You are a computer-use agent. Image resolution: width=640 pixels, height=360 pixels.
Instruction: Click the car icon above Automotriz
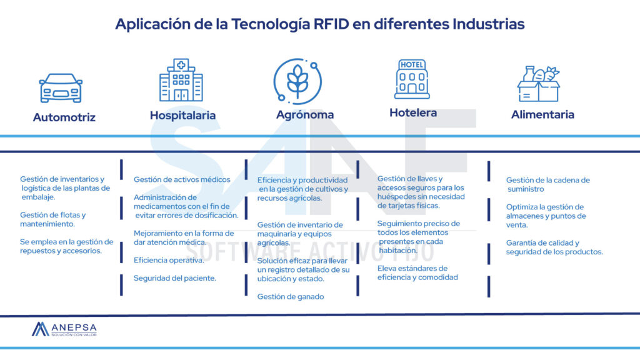61,88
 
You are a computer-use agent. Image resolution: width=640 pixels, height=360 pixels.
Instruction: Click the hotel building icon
412,79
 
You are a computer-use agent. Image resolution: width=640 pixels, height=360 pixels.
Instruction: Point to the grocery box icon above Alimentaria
538,84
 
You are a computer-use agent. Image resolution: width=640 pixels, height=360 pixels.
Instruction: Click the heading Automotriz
64,117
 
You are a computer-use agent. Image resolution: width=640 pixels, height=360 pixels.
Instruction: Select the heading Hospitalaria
182,115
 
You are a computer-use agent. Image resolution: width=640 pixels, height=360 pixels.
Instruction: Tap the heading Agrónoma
305,115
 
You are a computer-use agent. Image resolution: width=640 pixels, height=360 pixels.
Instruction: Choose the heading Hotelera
413,113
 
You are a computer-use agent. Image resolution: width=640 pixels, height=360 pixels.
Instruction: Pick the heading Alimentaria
542,114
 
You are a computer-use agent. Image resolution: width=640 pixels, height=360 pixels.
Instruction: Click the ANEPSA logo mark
41,329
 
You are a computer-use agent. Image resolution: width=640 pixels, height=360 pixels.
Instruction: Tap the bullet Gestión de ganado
291,297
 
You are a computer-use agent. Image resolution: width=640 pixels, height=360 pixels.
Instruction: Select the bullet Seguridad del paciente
175,278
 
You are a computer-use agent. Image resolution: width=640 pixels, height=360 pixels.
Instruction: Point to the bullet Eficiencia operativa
169,260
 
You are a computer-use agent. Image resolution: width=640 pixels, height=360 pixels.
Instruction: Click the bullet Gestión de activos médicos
182,179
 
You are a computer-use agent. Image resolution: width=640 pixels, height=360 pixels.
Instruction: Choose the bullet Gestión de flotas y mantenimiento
53,219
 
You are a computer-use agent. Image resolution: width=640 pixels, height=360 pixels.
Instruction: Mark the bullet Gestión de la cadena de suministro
547,184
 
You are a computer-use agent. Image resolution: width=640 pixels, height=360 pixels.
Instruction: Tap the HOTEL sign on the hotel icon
412,65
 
